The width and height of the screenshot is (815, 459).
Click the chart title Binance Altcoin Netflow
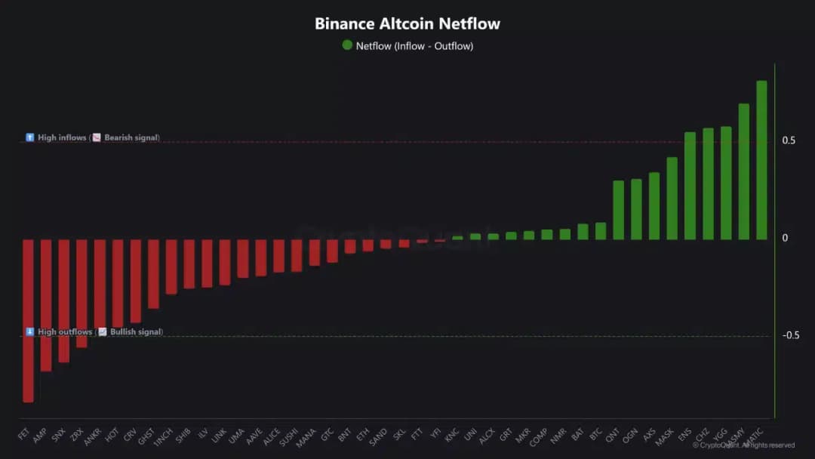(x=407, y=23)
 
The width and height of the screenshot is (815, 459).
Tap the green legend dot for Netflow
(x=347, y=45)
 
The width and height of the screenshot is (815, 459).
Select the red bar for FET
(x=28, y=321)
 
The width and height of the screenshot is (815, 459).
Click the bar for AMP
(x=46, y=305)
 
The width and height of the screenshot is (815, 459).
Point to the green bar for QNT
(x=618, y=210)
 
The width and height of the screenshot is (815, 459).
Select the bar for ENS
(x=690, y=186)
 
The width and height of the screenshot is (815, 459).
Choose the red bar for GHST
(x=153, y=273)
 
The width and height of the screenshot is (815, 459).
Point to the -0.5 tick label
(x=789, y=335)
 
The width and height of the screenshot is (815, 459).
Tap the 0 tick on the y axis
(x=785, y=238)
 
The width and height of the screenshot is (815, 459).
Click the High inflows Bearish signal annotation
(x=92, y=138)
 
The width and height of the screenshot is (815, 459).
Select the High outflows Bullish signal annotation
(x=94, y=332)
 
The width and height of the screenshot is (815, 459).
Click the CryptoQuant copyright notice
(x=743, y=445)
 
